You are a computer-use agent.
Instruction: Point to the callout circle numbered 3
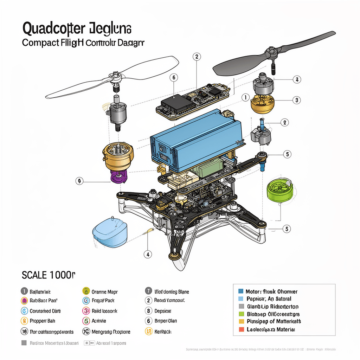coord(297,100)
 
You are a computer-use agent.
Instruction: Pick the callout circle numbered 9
coord(80,181)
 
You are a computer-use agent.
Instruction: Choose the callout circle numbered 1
coord(245,97)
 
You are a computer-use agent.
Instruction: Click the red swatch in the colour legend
coord(241,329)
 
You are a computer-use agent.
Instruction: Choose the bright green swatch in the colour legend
coord(241,314)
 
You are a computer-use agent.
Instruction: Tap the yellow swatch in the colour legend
coord(241,321)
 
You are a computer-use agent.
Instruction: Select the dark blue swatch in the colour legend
coord(241,291)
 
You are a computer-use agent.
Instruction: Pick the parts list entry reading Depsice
coord(162,311)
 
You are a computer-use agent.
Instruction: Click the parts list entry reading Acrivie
coord(99,321)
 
